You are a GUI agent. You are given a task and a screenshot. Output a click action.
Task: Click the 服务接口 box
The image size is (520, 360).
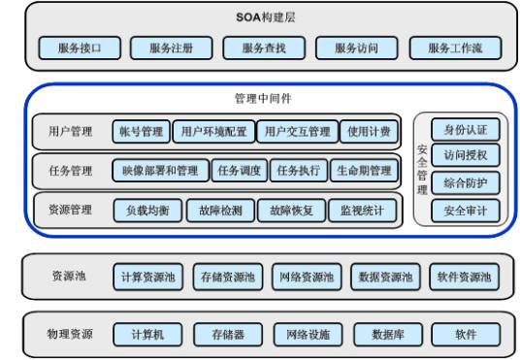(80, 47)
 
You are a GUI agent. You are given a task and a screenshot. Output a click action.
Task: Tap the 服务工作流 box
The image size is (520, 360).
(453, 47)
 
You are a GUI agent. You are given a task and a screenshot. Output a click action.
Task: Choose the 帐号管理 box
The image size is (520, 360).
(142, 131)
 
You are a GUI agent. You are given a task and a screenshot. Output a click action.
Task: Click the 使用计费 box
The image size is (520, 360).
(371, 131)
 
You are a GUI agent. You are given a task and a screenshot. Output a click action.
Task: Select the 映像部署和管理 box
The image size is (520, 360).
(161, 171)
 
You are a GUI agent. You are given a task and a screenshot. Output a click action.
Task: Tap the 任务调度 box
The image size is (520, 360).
(239, 171)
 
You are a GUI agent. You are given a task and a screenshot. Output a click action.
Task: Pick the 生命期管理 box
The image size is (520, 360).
(364, 171)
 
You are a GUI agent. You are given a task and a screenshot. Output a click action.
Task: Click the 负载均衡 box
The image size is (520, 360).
(147, 210)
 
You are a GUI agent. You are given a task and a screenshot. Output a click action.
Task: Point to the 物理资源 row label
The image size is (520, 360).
(70, 335)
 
